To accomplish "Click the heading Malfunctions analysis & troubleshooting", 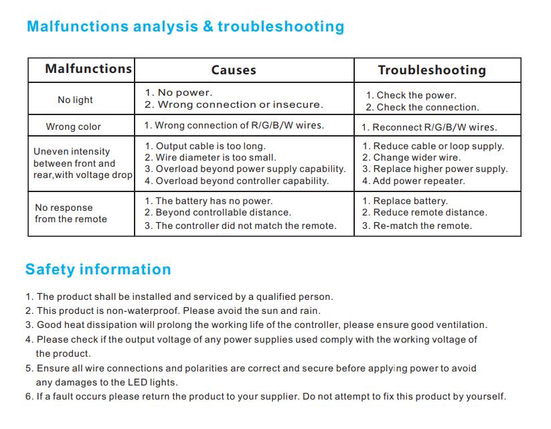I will (x=185, y=27).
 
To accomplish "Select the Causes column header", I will (x=234, y=70).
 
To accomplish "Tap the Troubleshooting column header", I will (x=432, y=70).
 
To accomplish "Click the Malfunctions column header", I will (x=88, y=69).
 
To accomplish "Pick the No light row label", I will (x=75, y=100).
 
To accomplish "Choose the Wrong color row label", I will (x=73, y=126).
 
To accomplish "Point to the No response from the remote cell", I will (x=70, y=213).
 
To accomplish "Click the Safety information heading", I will (x=98, y=270).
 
